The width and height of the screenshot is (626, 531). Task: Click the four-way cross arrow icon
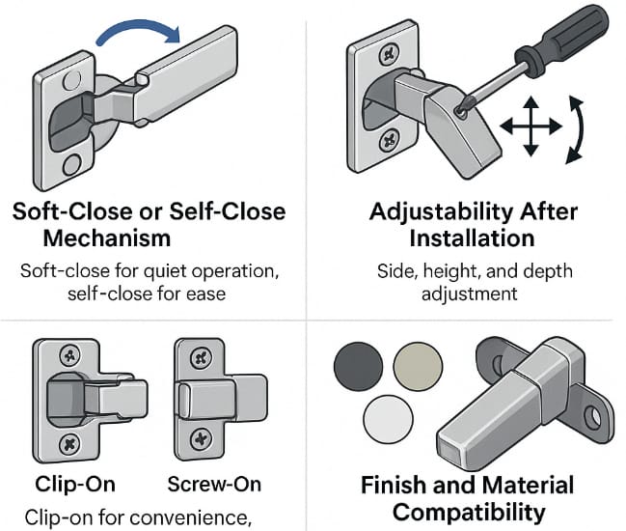point(530,126)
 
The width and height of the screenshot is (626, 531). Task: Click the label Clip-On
point(71,484)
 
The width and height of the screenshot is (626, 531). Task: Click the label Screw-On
point(214,484)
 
